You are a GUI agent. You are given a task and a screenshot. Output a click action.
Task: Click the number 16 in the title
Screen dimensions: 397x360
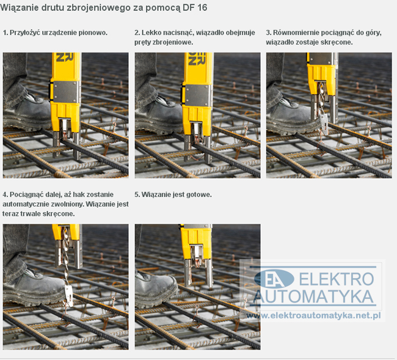pyautogui.click(x=202, y=7)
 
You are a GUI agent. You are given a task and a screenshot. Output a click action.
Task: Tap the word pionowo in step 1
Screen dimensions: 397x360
pyautogui.click(x=93, y=32)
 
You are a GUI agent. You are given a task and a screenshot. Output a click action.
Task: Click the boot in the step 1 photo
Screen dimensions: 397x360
pyautogui.click(x=27, y=111)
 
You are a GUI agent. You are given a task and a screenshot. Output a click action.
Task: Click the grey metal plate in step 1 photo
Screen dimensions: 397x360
pyautogui.click(x=65, y=92)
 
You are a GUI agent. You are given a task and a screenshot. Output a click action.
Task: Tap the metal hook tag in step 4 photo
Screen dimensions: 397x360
pyautogui.click(x=68, y=295)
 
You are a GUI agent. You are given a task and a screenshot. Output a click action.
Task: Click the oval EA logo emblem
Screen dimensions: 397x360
pyautogui.click(x=274, y=279)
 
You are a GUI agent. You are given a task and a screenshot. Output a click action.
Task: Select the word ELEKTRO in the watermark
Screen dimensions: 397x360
pyautogui.click(x=337, y=279)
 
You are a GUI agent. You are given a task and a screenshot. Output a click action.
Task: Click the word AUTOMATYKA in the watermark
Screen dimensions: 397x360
pyautogui.click(x=313, y=296)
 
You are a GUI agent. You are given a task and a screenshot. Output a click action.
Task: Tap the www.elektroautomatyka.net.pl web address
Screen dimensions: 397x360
pyautogui.click(x=313, y=315)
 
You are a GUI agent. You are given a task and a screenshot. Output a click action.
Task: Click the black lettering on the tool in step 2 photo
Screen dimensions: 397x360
pyautogui.click(x=197, y=59)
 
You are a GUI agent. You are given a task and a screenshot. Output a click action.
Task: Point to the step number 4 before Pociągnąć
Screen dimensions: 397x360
pyautogui.click(x=5, y=195)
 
